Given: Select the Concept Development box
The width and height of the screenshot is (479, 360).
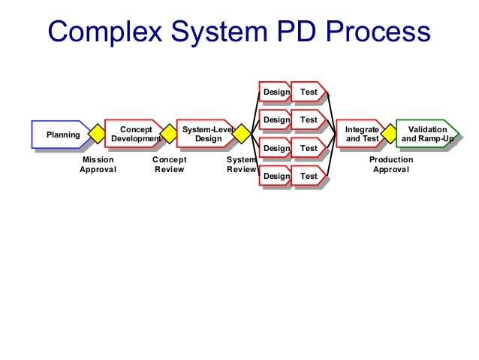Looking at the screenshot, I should point(135,135).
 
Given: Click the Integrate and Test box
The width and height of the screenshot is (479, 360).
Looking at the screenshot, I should point(361,135).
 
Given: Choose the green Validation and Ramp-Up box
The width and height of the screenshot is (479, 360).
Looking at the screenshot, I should point(427,135).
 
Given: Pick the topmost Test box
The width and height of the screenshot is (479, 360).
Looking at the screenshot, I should point(309,92).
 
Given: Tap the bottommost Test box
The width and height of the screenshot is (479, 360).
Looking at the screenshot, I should point(309,176).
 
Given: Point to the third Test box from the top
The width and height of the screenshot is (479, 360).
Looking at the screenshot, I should point(309,148).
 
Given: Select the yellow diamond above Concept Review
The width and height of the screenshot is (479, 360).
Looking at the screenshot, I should point(169,134).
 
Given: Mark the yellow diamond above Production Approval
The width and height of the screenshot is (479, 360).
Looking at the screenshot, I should point(390,134).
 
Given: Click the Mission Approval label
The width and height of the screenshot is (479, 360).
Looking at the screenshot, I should point(98,165).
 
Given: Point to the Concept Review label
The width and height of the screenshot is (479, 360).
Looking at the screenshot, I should point(169,165).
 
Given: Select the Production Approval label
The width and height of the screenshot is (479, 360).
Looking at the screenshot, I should point(391,165).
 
